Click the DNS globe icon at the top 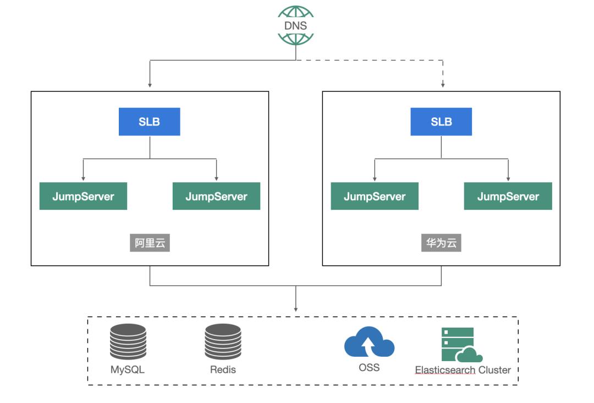[296, 25]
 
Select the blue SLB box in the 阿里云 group [150, 122]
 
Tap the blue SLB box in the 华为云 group [441, 122]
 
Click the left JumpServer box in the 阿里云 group [83, 197]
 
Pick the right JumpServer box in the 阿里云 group [216, 197]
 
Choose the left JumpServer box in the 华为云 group [375, 197]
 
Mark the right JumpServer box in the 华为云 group [508, 197]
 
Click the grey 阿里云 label [150, 243]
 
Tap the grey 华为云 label [441, 243]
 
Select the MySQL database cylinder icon [128, 341]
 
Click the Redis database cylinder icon [223, 341]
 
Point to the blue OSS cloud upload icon [369, 342]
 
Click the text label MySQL [128, 369]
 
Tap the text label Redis [223, 369]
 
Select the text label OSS [369, 367]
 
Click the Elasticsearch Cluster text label [463, 369]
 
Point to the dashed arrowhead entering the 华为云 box [443, 85]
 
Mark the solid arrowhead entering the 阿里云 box [150, 85]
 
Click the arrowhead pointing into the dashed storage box [296, 309]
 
